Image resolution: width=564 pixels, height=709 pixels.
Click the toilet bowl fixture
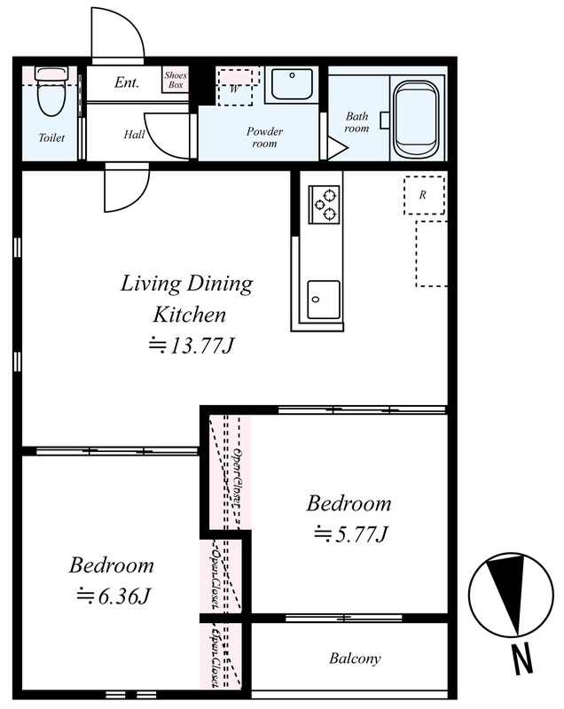(51, 91)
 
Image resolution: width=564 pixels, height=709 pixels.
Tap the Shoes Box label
(176, 80)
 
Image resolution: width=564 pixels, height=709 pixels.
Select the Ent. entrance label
(127, 82)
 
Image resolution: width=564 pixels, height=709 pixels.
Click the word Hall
(134, 135)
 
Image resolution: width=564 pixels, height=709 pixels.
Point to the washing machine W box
(235, 87)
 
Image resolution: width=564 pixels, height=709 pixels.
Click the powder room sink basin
(292, 83)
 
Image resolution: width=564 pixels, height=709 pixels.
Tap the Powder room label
(264, 137)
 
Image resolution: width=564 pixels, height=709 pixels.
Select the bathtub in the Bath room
(417, 121)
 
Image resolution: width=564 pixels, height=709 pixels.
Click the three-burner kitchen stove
(324, 205)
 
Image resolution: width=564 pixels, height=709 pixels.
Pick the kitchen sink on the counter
(324, 300)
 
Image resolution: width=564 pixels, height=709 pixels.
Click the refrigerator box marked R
(424, 195)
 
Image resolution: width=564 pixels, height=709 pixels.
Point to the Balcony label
(355, 658)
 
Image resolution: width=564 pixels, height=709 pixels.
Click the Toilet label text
(51, 137)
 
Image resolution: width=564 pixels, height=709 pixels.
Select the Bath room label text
(356, 122)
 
